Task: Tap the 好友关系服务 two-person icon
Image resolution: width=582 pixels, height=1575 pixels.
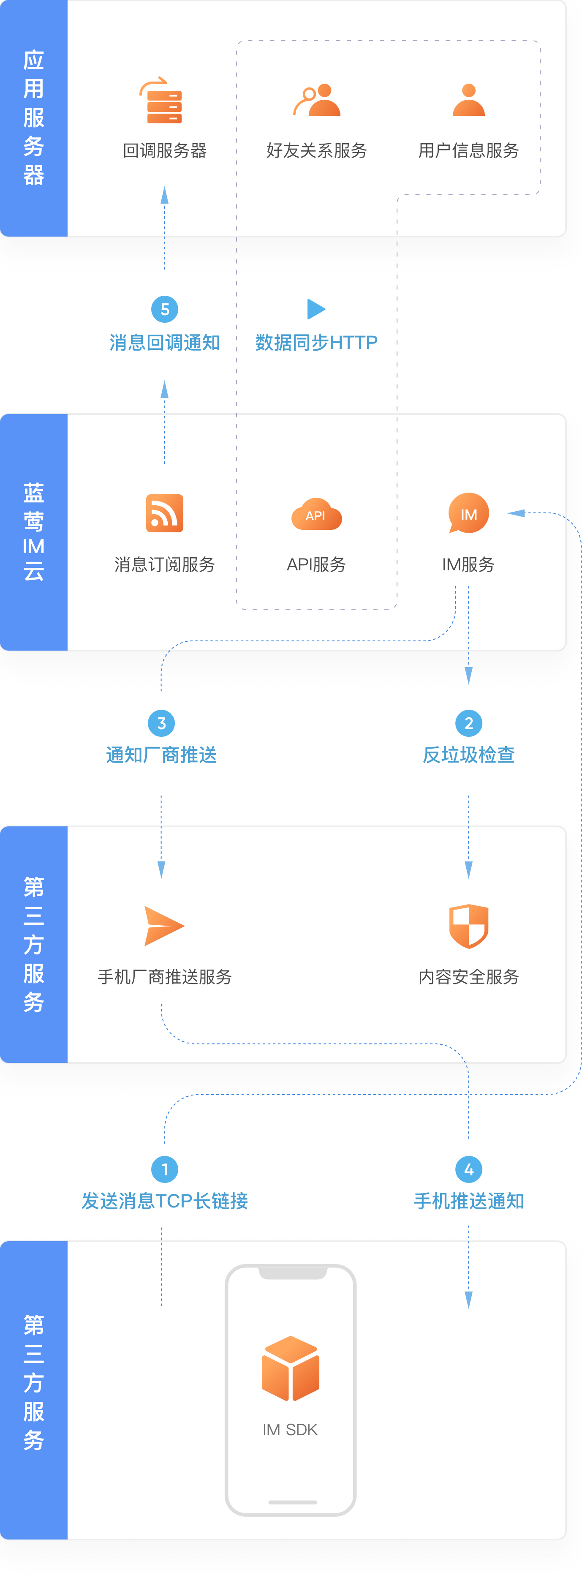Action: pos(317,100)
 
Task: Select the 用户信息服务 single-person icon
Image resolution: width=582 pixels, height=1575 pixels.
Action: pos(469,100)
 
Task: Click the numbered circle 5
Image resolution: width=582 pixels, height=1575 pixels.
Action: pos(164,309)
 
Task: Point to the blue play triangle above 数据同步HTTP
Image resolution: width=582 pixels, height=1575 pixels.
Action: pos(315,309)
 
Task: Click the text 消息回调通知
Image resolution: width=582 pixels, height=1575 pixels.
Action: pos(164,342)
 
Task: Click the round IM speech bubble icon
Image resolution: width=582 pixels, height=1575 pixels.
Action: pos(468,513)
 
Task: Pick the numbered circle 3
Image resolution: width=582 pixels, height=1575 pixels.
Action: pos(161,723)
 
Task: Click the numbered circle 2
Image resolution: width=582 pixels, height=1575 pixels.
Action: pos(469,723)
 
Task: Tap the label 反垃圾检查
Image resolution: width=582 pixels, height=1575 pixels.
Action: pos(469,755)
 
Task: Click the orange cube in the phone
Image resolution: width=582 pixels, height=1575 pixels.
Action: pos(291,1368)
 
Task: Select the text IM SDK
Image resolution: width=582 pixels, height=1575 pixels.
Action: pos(291,1430)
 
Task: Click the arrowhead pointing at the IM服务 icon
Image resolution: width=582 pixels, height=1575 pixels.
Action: pos(517,513)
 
